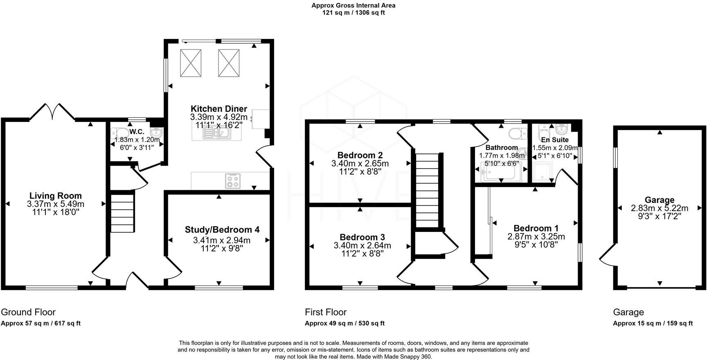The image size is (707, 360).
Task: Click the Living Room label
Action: (x=55, y=196)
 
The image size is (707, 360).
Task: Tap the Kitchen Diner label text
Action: (x=219, y=109)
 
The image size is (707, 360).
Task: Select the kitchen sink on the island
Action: (x=217, y=133)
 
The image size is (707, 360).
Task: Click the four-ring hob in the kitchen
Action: (x=233, y=181)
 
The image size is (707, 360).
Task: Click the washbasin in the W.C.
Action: (x=156, y=133)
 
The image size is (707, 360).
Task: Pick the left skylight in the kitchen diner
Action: (x=191, y=63)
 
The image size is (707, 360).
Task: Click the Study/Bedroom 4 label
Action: (x=222, y=230)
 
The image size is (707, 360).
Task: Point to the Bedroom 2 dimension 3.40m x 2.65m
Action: (x=360, y=164)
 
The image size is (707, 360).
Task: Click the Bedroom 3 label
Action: (x=362, y=237)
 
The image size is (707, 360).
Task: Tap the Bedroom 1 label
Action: (x=536, y=228)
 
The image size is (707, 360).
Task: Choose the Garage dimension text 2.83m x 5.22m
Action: (x=660, y=208)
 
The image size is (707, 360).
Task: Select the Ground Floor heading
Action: (x=28, y=313)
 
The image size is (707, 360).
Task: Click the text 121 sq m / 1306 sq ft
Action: (x=353, y=13)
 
